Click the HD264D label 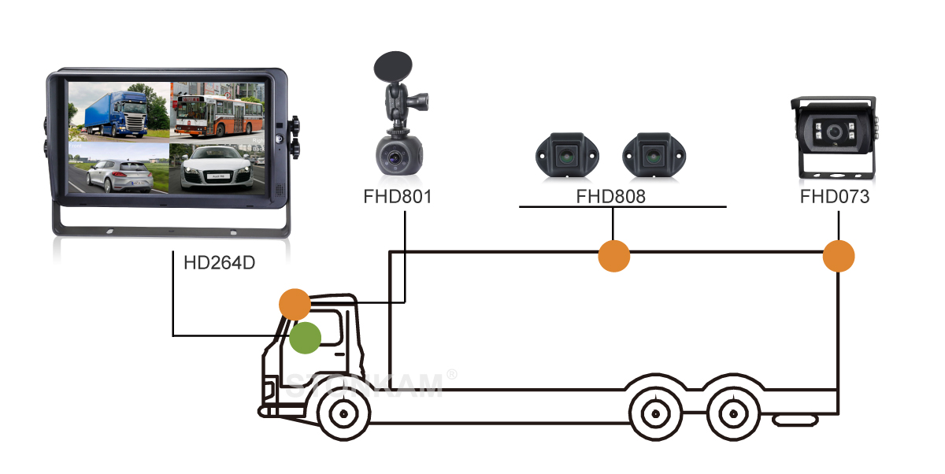click(219, 262)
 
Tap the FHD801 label click(397, 196)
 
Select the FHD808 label click(610, 196)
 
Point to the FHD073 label click(835, 196)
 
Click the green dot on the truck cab click(305, 338)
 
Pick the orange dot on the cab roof click(295, 304)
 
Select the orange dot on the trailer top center click(614, 256)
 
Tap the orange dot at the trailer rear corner click(838, 257)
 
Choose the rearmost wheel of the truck click(732, 413)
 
